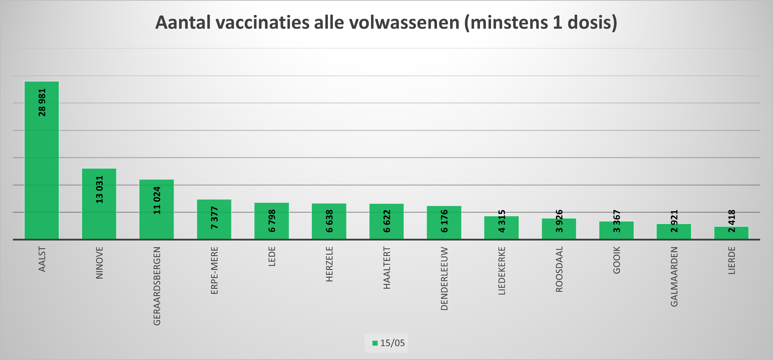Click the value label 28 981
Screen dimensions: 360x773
pyautogui.click(x=42, y=102)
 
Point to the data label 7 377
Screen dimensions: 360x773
pyautogui.click(x=214, y=218)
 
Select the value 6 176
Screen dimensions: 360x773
pyautogui.click(x=444, y=221)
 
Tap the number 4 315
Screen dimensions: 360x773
pyautogui.click(x=502, y=221)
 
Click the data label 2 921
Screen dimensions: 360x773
pyautogui.click(x=674, y=221)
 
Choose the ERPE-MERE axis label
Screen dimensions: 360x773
pyautogui.click(x=214, y=270)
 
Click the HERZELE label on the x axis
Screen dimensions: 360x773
pyautogui.click(x=329, y=264)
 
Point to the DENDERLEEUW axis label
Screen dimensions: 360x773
pyautogui.click(x=444, y=278)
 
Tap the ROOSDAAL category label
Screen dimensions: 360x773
pyautogui.click(x=559, y=269)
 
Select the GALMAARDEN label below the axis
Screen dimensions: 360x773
pyautogui.click(x=674, y=277)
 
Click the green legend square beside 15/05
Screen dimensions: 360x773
pyautogui.click(x=375, y=343)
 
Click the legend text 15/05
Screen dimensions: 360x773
pyautogui.click(x=392, y=343)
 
